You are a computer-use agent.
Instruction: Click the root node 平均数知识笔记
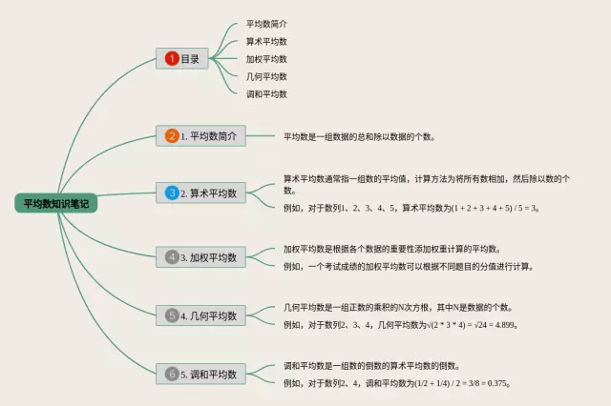(x=55, y=203)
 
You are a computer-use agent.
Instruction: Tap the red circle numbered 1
(x=172, y=58)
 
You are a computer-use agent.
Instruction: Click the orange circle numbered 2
(x=172, y=136)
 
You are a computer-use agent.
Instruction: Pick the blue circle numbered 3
(x=172, y=193)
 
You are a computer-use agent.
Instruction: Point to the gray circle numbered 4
(x=172, y=257)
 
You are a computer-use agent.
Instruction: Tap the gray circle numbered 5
(x=172, y=315)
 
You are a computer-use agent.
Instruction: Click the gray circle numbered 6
(x=172, y=374)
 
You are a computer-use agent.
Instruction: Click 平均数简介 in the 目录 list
(x=266, y=23)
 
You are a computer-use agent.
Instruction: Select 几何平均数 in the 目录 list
(x=266, y=76)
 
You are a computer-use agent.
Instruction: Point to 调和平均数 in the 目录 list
(x=266, y=93)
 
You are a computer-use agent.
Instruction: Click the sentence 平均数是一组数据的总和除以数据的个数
(x=359, y=137)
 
